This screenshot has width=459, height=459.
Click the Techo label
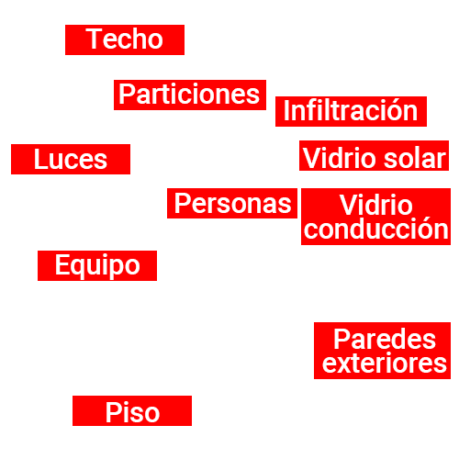(x=125, y=39)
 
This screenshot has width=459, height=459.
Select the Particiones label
(x=190, y=95)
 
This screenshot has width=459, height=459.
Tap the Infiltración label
(x=351, y=111)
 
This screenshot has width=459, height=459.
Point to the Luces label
(x=71, y=159)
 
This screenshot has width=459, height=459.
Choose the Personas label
(x=232, y=203)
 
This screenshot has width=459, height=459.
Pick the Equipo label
(x=97, y=265)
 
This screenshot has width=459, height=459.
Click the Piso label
(x=132, y=410)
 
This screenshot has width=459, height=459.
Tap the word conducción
(x=376, y=228)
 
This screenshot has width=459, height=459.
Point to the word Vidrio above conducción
(x=376, y=205)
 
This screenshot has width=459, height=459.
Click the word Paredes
(x=385, y=339)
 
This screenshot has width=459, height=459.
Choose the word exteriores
(x=385, y=363)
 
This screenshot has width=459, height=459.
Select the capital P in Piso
(x=113, y=412)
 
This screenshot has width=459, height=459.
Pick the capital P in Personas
(x=182, y=203)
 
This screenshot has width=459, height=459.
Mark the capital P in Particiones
(x=127, y=94)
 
